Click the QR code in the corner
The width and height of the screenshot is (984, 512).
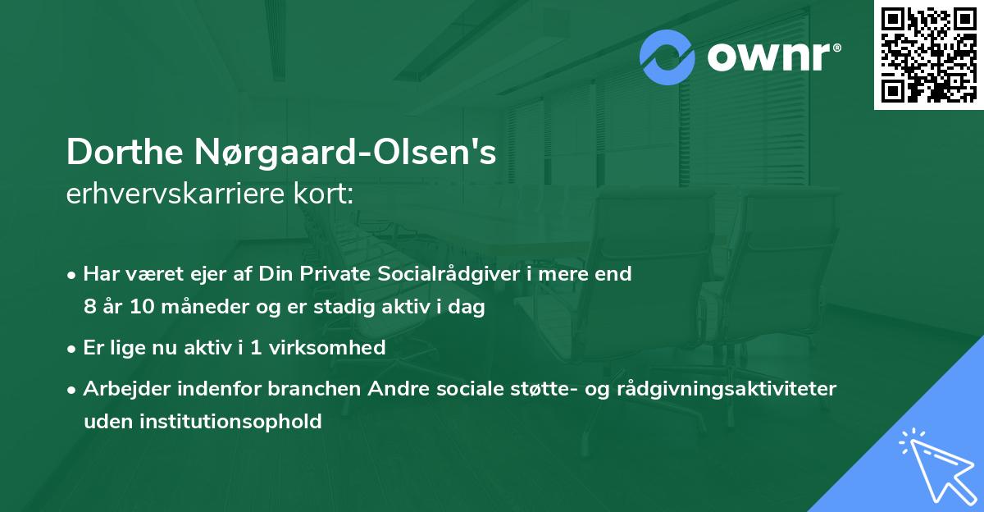pos(928,54)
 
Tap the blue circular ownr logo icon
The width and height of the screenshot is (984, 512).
pos(667,57)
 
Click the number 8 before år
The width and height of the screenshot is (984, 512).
pos(89,308)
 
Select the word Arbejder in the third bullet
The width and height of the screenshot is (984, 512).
pos(121,388)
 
